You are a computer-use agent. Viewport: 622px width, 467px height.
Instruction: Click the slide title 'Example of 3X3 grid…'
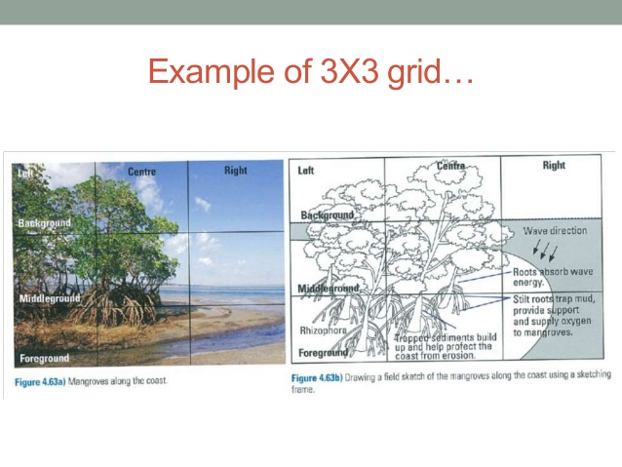pos(310,72)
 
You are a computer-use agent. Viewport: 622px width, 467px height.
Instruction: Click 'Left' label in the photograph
pos(24,172)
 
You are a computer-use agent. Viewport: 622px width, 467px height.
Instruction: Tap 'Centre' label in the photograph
pos(141,173)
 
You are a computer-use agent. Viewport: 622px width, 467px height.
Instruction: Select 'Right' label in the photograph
pos(235,171)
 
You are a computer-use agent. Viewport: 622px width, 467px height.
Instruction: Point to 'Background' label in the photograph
pos(44,223)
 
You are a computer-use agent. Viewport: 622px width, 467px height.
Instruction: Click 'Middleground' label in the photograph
pos(49,296)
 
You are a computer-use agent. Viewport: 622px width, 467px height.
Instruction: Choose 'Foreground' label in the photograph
pos(44,358)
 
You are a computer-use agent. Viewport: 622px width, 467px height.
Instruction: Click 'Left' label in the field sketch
pos(306,171)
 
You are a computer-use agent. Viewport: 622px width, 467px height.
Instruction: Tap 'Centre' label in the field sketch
pos(450,167)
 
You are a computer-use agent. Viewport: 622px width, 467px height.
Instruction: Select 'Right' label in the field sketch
pos(554,166)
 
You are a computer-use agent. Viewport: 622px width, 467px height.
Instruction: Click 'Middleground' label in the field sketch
pos(329,289)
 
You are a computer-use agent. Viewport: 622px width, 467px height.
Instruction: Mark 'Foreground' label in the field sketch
pos(324,352)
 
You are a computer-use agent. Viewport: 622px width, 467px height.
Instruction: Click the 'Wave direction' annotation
pos(555,231)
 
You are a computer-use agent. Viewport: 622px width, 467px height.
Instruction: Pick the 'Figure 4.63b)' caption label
pos(324,377)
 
